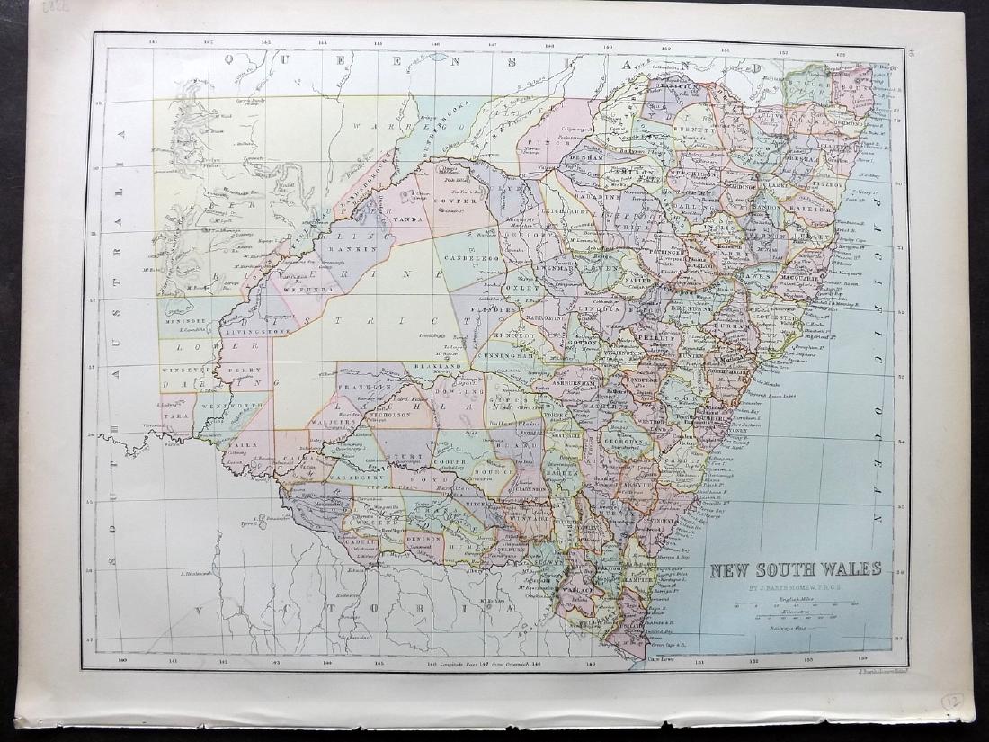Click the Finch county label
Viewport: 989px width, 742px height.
point(543,142)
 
